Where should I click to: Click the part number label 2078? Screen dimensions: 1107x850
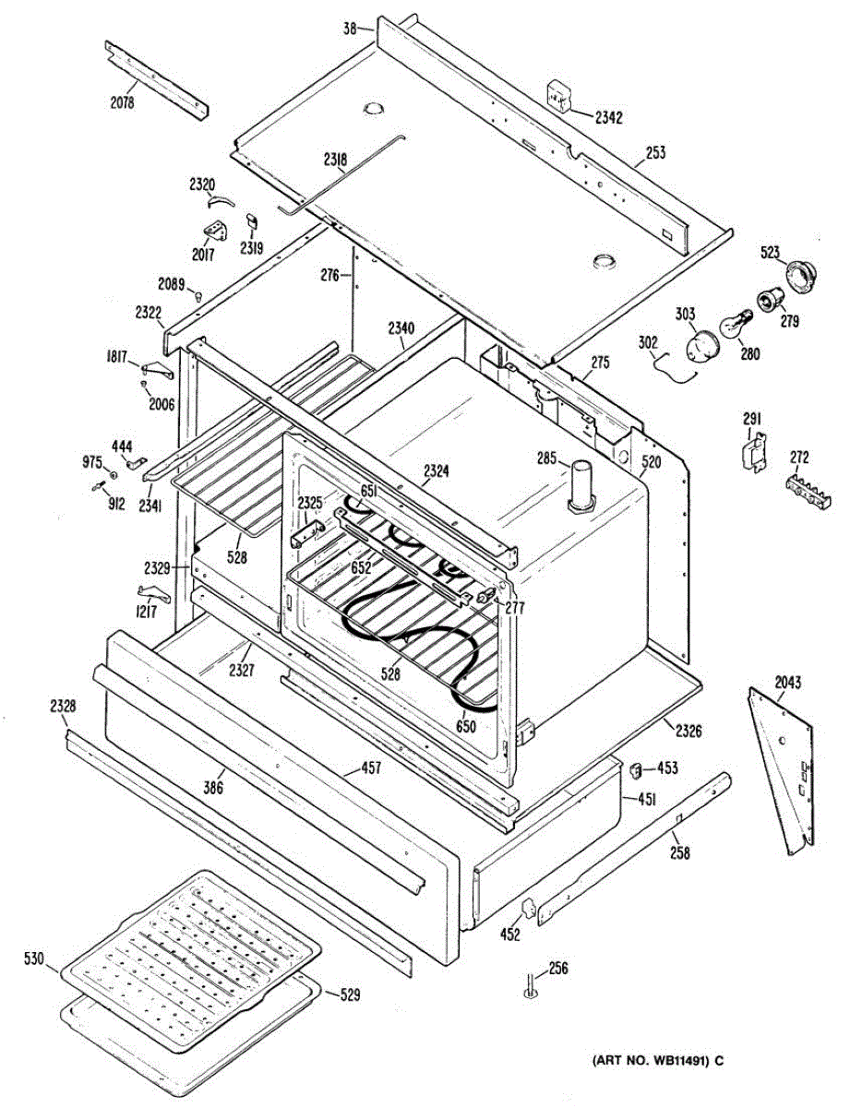122,102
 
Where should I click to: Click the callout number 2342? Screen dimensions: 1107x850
608,117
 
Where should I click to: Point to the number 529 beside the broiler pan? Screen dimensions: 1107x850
348,994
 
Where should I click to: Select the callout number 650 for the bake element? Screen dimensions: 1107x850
466,727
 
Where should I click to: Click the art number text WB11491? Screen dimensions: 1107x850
648,1061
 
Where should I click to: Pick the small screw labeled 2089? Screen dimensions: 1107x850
199,294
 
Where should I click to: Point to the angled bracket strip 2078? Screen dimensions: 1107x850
157,80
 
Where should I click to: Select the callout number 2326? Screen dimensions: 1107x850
688,731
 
